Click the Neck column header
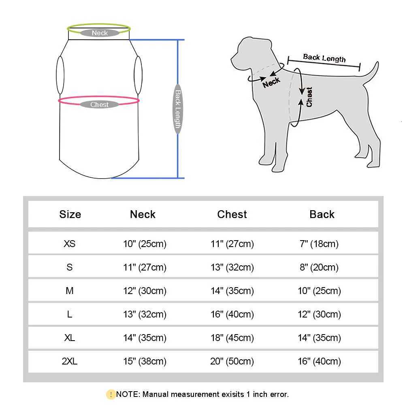coord(143,214)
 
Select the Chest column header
coord(232,214)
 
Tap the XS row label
coord(70,244)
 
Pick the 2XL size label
coord(70,361)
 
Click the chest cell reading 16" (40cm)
coord(232,314)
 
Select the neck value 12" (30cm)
coord(145,291)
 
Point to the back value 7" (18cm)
coord(319,244)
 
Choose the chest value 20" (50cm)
coord(232,361)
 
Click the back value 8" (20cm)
coord(319,267)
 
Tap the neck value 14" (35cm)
coord(145,338)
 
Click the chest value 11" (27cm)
coord(232,244)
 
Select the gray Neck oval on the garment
coord(100,33)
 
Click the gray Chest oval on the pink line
coord(100,104)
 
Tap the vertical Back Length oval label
coord(177,109)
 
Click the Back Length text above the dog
coord(324,58)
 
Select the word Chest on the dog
coord(309,97)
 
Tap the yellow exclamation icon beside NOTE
coord(111,394)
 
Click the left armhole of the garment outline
coord(60,75)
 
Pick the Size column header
coord(70,214)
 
